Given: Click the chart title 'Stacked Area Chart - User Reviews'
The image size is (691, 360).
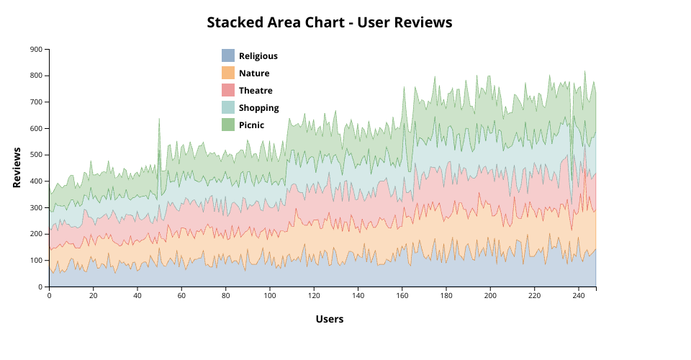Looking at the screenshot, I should click(x=329, y=22).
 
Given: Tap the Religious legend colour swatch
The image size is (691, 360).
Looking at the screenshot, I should click(x=228, y=55).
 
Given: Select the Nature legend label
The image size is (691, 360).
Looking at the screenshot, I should click(x=254, y=73).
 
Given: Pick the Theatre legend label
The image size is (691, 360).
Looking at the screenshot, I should click(x=256, y=90).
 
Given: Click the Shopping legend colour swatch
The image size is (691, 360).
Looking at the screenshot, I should click(x=228, y=107).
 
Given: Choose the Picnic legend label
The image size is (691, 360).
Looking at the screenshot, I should click(x=251, y=125).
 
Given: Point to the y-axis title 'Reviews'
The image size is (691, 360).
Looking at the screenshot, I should click(x=17, y=168).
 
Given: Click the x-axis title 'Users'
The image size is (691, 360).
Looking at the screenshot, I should click(x=329, y=319).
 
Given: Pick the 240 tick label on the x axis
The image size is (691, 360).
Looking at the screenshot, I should click(x=578, y=295).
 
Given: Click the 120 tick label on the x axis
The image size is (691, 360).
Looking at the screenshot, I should click(x=314, y=295).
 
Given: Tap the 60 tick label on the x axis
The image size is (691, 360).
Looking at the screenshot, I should click(x=181, y=295).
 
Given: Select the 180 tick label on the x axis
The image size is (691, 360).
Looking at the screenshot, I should click(x=446, y=295).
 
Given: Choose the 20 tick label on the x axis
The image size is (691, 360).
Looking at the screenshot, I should click(x=93, y=295).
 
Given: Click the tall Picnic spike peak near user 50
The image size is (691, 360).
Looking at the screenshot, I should click(x=159, y=119).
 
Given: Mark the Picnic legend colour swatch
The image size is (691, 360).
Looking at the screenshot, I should click(x=228, y=125).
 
